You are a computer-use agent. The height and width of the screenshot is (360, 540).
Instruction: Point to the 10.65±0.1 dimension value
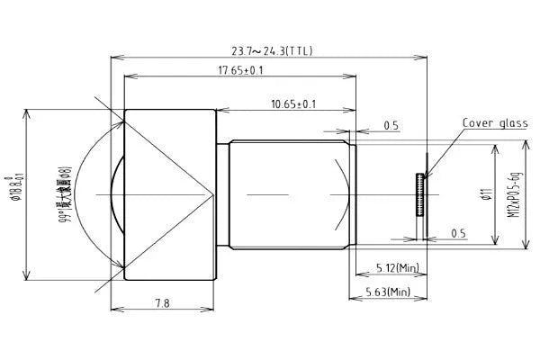pyautogui.click(x=292, y=104)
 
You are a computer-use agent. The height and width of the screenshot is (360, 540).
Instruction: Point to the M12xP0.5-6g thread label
pyautogui.click(x=515, y=194)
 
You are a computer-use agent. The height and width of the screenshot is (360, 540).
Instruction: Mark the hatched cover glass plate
pyautogui.click(x=418, y=194)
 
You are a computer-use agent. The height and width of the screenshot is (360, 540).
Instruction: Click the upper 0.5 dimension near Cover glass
pyautogui.click(x=391, y=126)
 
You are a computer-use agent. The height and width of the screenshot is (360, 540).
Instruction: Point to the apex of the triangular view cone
pyautogui.click(x=213, y=193)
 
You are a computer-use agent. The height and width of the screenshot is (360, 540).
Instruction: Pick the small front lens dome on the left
pyautogui.click(x=114, y=193)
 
